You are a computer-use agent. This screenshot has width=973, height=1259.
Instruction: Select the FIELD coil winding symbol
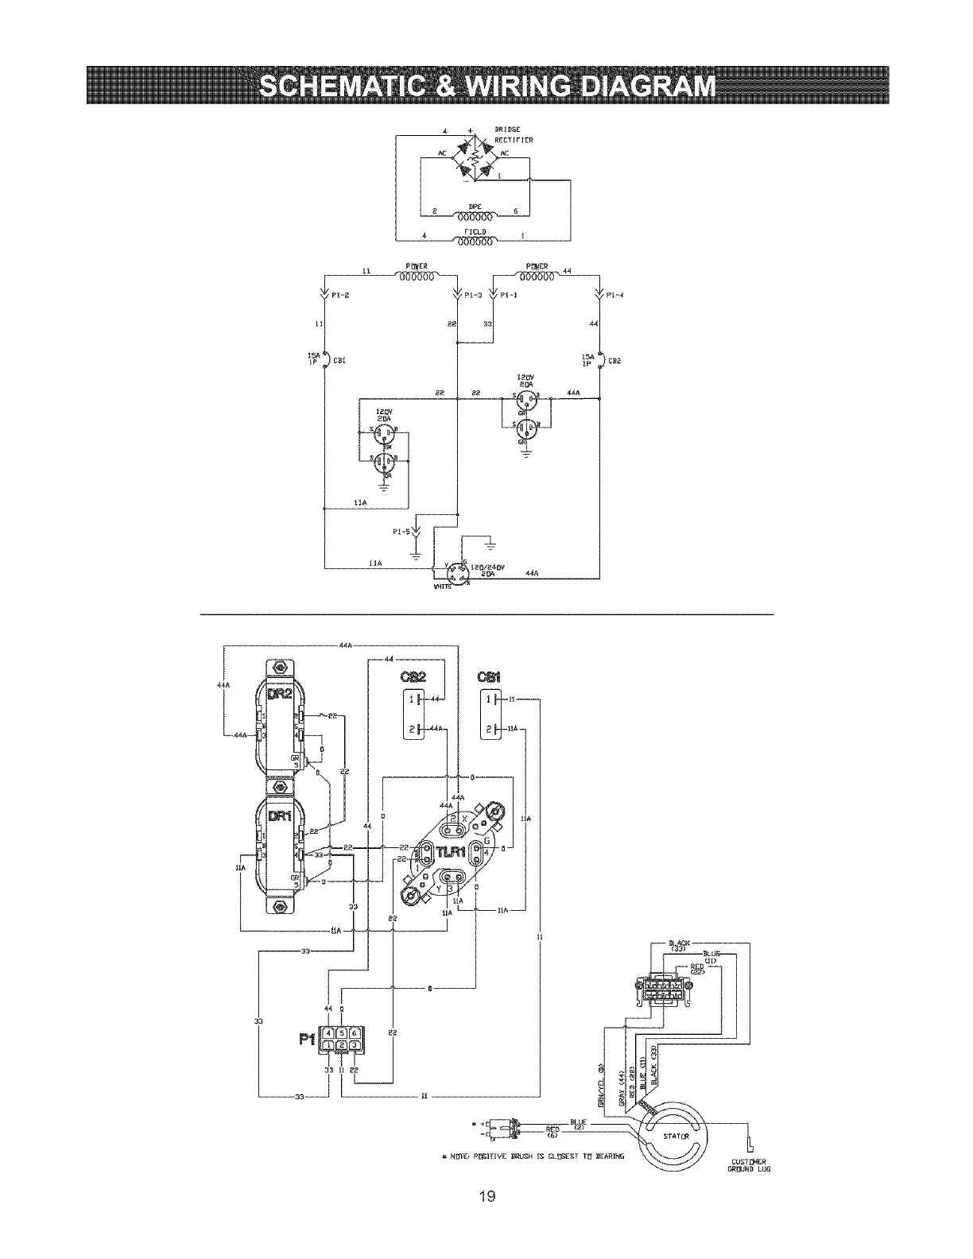pyautogui.click(x=475, y=239)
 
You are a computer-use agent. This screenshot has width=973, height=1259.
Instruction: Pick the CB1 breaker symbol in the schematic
pyautogui.click(x=324, y=359)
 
